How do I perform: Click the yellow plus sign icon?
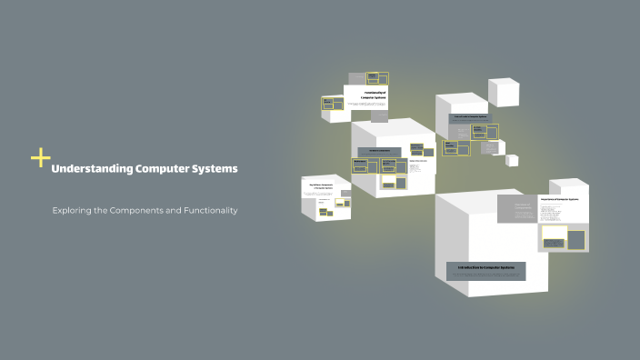click(41, 158)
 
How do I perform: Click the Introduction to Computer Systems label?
click(485, 268)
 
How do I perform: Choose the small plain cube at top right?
click(503, 91)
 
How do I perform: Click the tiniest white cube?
click(512, 160)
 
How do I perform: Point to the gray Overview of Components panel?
click(516, 209)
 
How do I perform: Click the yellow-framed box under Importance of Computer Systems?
click(554, 236)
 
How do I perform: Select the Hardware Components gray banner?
click(379, 152)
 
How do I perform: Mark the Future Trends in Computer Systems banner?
click(471, 117)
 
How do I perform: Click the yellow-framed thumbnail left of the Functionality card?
click(332, 104)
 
